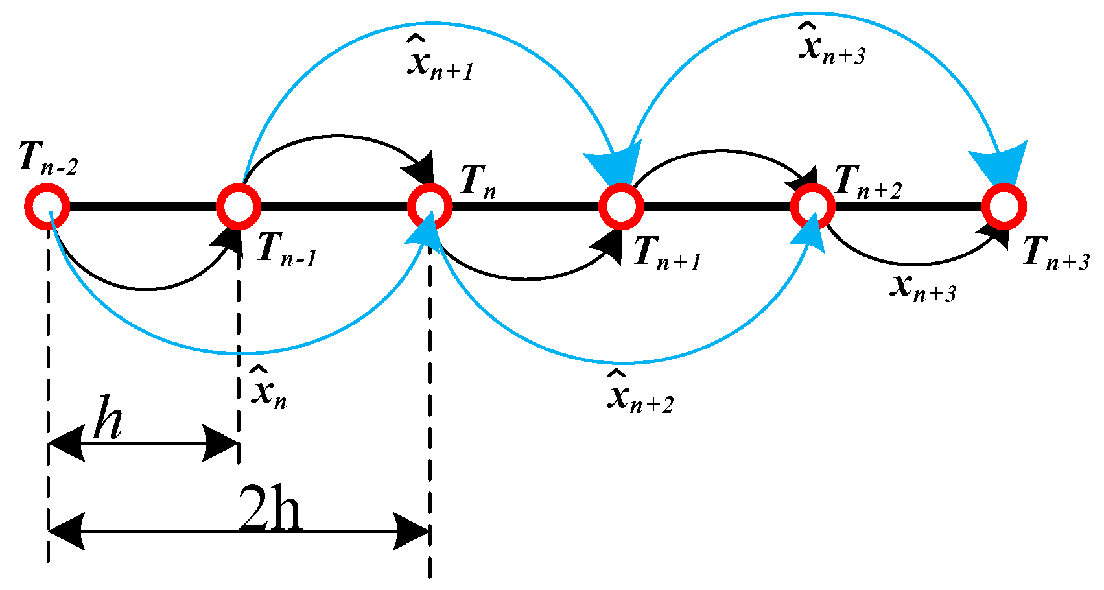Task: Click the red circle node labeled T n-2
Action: [x=47, y=206]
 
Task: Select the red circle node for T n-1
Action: [x=238, y=206]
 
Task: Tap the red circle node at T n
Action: [x=429, y=206]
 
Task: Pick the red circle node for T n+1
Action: [x=621, y=206]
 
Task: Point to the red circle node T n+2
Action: [x=812, y=206]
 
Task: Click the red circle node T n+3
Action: [x=1004, y=206]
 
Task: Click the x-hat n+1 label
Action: [x=440, y=60]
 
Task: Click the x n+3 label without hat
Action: [x=922, y=287]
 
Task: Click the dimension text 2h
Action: [x=270, y=509]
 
